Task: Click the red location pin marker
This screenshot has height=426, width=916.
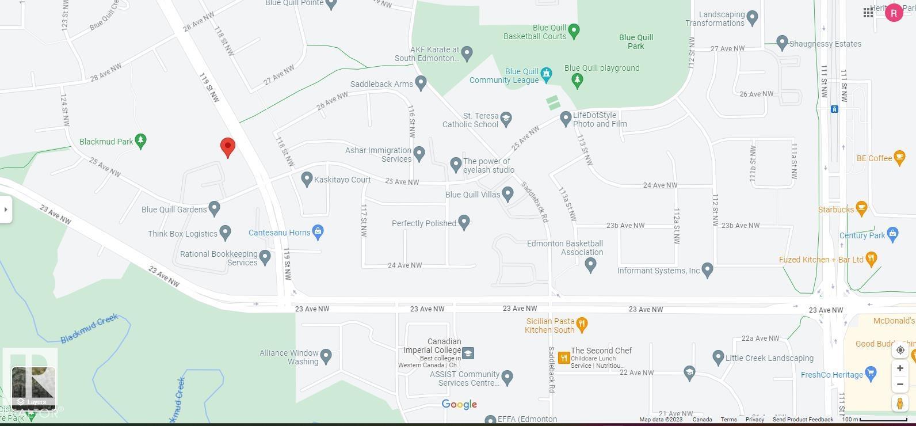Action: [228, 147]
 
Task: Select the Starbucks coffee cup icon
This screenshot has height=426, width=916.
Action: [861, 208]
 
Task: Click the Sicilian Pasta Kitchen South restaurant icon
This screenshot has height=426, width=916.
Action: [582, 325]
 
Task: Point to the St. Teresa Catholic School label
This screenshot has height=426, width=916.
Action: [470, 120]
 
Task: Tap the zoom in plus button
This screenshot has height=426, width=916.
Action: [900, 368]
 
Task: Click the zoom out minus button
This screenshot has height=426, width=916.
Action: [900, 384]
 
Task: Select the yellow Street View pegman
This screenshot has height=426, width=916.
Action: [900, 403]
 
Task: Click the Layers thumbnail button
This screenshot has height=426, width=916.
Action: [33, 387]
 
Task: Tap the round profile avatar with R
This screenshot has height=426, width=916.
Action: [894, 13]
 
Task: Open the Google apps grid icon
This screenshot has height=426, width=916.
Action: [868, 13]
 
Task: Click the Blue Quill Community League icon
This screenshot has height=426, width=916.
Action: [546, 74]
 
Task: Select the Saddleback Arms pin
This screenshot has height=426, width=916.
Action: [421, 83]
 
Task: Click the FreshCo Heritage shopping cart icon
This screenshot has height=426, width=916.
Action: [871, 374]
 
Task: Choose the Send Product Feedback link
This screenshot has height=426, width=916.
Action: [803, 419]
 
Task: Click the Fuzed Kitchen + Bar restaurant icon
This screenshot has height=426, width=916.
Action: [871, 259]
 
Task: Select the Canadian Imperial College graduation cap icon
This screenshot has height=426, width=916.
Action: [468, 353]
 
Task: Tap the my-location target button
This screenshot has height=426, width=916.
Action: [900, 350]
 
